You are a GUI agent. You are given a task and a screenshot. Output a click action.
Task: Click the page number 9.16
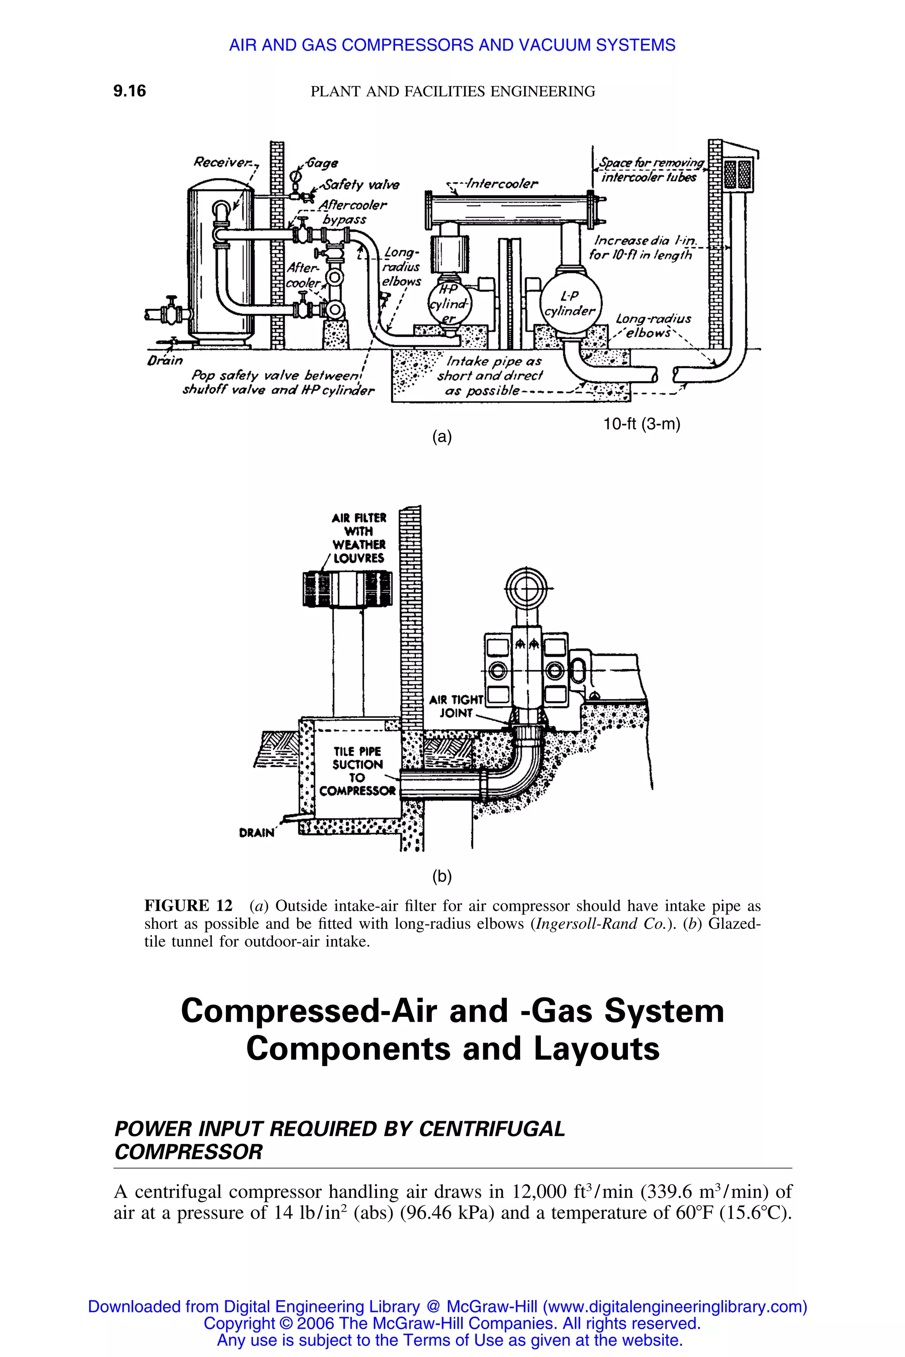pos(130,91)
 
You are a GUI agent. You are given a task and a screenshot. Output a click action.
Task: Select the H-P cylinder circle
pos(449,304)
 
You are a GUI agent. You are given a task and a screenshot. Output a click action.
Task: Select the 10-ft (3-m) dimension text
pos(642,424)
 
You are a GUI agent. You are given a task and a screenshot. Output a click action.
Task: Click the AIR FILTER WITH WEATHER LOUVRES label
pos(358,538)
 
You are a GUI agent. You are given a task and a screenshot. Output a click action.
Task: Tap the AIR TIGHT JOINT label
pos(456,705)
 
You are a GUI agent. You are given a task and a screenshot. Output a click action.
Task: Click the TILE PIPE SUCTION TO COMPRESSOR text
pos(357,771)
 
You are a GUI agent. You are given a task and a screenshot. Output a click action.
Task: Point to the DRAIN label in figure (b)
pos(256,833)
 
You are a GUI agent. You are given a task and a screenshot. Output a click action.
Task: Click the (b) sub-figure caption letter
pos(441,877)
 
